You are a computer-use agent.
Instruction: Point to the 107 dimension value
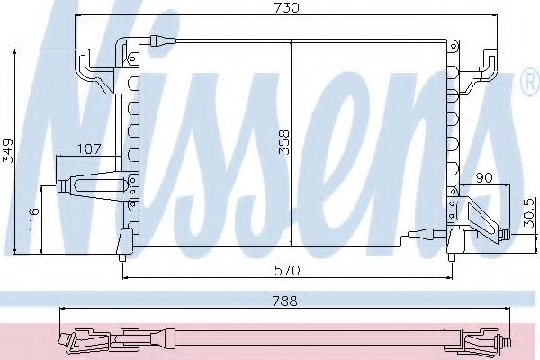[x=88, y=148]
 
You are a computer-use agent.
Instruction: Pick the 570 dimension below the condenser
[x=287, y=270]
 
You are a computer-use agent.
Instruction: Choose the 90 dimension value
[x=485, y=179]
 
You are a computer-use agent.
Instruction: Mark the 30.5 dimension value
[x=530, y=217]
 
